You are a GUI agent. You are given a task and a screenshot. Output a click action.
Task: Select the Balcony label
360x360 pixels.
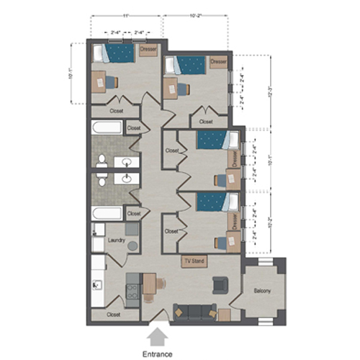point(262,290)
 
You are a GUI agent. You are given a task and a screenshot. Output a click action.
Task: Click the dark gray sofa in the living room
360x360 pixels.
point(195,312)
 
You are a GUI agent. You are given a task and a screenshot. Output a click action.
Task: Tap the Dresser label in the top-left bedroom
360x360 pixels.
point(148,49)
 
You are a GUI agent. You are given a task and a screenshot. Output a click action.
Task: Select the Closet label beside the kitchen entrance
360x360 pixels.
point(114,315)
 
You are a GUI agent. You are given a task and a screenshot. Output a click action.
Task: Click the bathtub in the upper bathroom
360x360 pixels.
point(107,128)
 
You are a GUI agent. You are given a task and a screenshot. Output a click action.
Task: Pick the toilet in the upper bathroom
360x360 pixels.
point(102,160)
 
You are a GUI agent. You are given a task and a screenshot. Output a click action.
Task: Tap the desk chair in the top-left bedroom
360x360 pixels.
point(111,82)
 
